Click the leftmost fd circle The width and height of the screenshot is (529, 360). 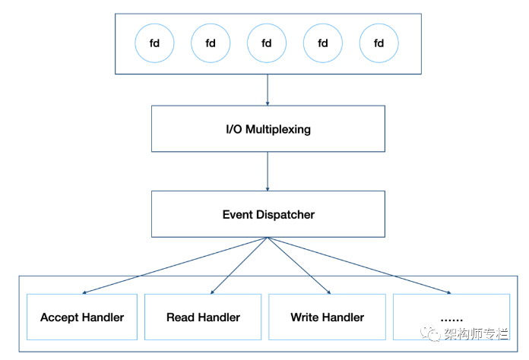[x=154, y=43]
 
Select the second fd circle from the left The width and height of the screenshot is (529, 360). [x=211, y=43]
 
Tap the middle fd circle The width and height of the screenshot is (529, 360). [x=267, y=43]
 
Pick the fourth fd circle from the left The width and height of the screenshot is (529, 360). [x=323, y=43]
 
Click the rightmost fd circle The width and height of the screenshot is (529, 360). [x=379, y=43]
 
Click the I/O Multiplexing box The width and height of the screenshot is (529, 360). [x=268, y=129]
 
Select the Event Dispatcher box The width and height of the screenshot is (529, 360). [x=268, y=214]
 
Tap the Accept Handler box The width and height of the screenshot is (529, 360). [x=82, y=317]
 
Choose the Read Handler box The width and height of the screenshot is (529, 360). [x=203, y=317]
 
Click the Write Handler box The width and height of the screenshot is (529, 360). [x=327, y=317]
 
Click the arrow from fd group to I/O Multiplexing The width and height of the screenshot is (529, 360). [x=268, y=90]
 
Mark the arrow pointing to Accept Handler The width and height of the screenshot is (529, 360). [x=175, y=265]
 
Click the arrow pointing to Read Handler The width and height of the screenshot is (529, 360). [x=238, y=265]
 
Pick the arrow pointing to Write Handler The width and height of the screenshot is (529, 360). [x=299, y=265]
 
